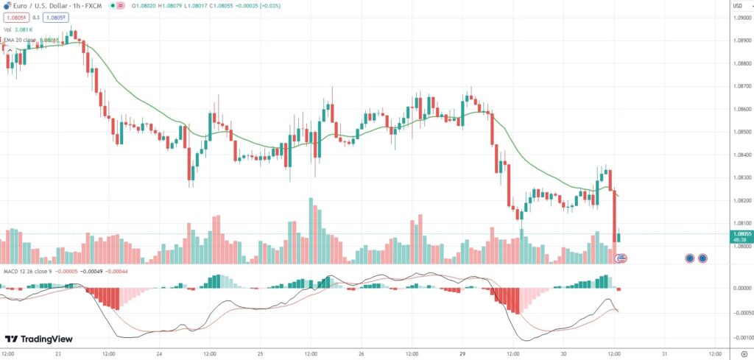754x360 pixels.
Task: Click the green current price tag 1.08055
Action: [740, 234]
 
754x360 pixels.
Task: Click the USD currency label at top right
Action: [737, 6]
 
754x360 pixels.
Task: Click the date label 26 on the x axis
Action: [361, 353]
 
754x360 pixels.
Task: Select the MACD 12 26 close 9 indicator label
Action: [29, 272]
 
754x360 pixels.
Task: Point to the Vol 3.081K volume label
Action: [18, 29]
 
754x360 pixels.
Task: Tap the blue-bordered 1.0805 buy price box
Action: [55, 17]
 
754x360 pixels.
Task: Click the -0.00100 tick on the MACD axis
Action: [740, 337]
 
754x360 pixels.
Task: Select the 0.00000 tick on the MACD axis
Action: [740, 288]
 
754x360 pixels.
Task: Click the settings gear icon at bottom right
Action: [744, 353]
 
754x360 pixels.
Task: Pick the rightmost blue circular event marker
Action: [702, 258]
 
